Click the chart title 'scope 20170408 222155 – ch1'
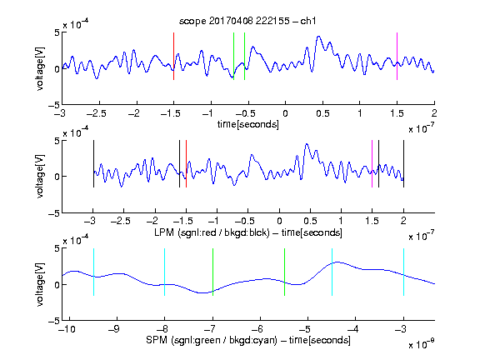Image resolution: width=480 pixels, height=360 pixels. coord(247,21)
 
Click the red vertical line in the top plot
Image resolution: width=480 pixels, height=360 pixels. coord(173,57)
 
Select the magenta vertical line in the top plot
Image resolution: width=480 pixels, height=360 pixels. coord(397,57)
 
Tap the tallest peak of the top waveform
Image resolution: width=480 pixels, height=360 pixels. coord(319,37)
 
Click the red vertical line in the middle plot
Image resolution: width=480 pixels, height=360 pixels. coord(186,164)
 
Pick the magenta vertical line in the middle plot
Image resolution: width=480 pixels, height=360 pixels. coord(372,164)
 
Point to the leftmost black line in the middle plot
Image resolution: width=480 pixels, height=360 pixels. coord(93,164)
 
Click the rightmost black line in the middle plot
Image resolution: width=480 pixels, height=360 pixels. coord(403,164)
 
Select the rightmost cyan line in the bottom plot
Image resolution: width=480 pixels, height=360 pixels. coord(403,272)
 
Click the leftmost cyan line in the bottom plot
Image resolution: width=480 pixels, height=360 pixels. coord(93,272)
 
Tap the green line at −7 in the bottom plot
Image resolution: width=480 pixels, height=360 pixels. coord(212,272)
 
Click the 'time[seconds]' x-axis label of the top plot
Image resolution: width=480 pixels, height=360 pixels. coord(248,124)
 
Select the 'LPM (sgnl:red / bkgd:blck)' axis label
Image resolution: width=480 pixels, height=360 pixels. coord(212,232)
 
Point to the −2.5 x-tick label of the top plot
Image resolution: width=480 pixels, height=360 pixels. coord(97,113)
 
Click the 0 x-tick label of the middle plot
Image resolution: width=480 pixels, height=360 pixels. coord(279,221)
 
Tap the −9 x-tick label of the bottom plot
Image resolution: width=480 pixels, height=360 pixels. coord(115,329)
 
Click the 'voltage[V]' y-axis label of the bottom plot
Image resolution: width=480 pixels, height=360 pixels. coord(40,284)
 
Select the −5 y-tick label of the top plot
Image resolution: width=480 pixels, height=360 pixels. coord(54,105)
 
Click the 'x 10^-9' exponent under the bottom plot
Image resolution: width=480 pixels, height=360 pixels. coord(421,344)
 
